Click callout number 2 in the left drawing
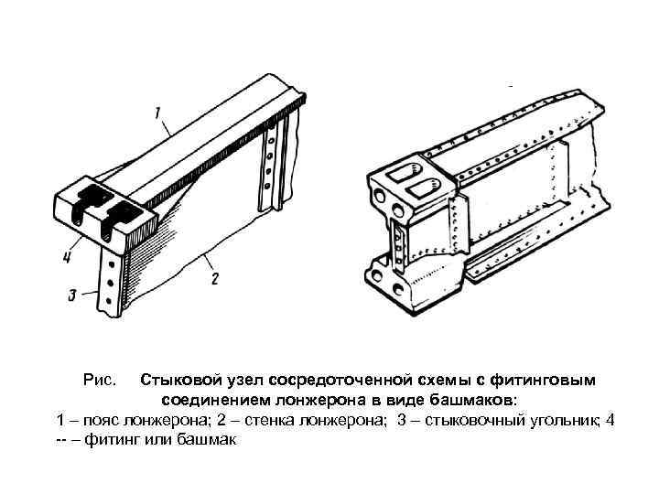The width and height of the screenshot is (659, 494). click(x=214, y=276)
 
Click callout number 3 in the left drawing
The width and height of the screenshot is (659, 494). click(x=71, y=295)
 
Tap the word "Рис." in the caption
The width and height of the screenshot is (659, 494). click(x=100, y=380)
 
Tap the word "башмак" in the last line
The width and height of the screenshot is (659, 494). click(x=208, y=439)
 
